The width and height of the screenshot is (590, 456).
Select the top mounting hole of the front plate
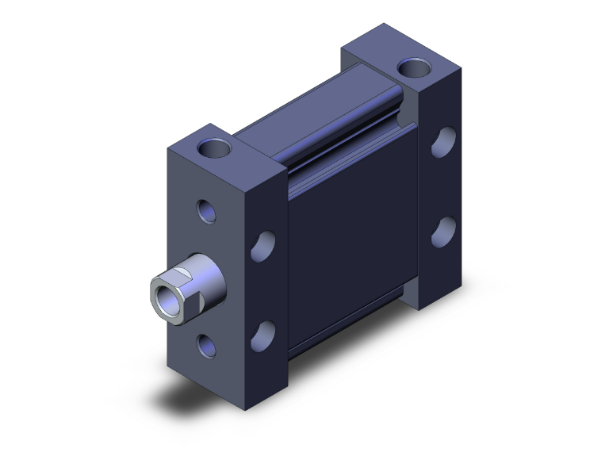click(x=215, y=148)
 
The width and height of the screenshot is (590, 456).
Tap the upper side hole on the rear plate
click(x=442, y=143)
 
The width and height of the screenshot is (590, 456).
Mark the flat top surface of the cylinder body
click(x=317, y=111)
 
